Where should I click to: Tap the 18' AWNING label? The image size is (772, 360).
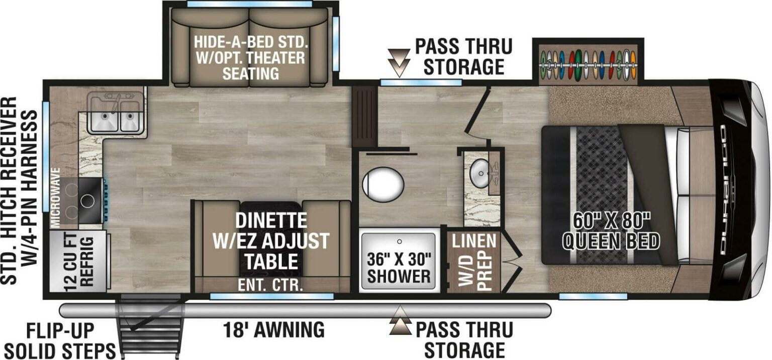tap(273, 330)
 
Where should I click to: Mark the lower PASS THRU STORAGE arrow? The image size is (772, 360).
tap(401, 323)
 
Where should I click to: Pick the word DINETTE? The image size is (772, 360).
tap(272, 220)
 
